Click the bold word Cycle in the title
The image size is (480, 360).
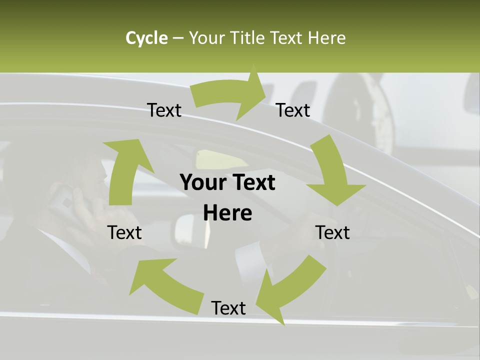click(x=146, y=38)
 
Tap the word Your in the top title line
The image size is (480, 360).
click(x=206, y=38)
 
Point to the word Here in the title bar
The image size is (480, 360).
click(x=326, y=38)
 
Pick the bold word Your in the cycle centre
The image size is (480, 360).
click(x=204, y=183)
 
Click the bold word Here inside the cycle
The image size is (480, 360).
click(x=227, y=213)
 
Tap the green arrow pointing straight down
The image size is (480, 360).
click(x=333, y=172)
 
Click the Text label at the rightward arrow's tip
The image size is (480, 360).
click(x=293, y=110)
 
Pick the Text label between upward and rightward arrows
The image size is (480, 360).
click(x=164, y=110)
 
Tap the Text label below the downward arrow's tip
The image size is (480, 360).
click(x=332, y=232)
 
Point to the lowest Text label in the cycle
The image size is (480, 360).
click(x=228, y=308)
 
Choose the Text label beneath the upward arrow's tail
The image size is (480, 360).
click(x=124, y=232)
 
